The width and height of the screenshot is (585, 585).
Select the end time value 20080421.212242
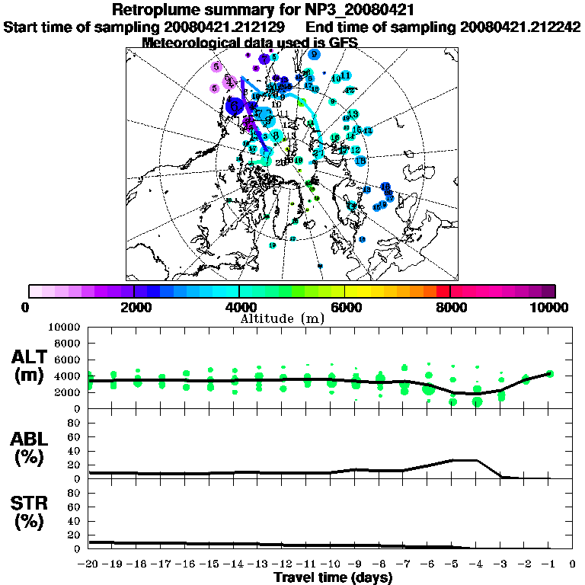coord(520,27)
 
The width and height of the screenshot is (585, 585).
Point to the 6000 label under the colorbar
coord(345,307)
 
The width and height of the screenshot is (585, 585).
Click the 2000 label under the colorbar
coord(134,307)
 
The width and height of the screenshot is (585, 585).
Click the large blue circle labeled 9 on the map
coord(314,54)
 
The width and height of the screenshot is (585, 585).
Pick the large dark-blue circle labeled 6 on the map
coord(235,106)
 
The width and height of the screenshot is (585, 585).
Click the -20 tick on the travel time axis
coord(88,564)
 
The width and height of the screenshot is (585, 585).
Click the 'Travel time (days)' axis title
coord(333,577)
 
